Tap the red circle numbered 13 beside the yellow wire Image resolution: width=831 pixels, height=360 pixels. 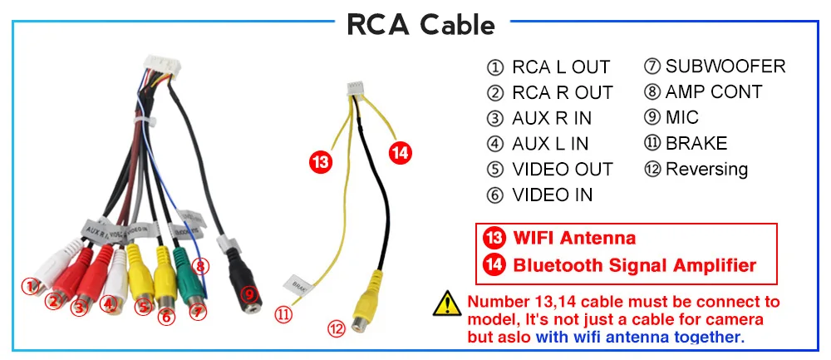[x=321, y=160]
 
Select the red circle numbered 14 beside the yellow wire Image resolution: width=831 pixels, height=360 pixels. [x=401, y=152]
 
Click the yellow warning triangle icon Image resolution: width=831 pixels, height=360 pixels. [x=449, y=303]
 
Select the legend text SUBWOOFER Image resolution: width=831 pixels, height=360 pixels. [x=725, y=67]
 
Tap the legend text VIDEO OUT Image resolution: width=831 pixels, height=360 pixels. [x=562, y=170]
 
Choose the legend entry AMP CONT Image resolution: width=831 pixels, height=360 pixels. [x=713, y=92]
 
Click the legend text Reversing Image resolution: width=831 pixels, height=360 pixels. [x=706, y=170]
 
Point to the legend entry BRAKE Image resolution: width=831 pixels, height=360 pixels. [x=696, y=144]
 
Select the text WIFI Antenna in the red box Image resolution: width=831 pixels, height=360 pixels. [x=573, y=239]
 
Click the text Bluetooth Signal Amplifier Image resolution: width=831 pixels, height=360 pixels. [x=634, y=266]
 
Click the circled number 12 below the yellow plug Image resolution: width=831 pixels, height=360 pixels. [x=336, y=329]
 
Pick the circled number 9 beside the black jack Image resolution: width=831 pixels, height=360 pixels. [x=247, y=293]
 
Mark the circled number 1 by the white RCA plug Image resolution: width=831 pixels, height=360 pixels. [x=30, y=287]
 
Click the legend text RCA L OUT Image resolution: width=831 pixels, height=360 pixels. [x=560, y=67]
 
